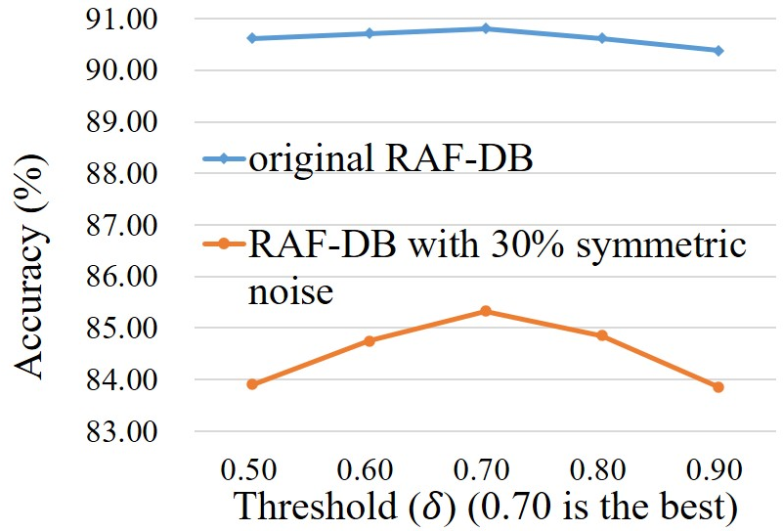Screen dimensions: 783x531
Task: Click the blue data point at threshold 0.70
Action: coord(486,28)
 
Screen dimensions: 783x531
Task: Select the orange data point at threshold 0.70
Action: coord(486,311)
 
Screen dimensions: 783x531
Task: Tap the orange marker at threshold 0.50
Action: coord(252,384)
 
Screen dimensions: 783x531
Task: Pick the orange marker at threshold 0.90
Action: coord(718,387)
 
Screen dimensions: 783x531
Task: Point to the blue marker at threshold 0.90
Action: coord(718,51)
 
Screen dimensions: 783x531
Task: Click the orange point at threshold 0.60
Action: coord(370,341)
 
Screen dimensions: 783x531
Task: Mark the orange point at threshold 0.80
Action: coord(602,335)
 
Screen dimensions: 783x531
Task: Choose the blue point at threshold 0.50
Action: coord(252,38)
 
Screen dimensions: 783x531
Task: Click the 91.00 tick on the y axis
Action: coord(121,20)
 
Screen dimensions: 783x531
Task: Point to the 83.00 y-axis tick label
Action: coord(121,431)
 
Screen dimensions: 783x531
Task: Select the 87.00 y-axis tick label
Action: coord(121,226)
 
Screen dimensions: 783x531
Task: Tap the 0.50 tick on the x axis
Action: coord(248,469)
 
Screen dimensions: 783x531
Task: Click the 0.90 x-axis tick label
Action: coord(715,469)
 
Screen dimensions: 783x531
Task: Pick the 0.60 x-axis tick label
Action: coord(365,469)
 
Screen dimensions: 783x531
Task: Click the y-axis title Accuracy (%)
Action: coord(31,266)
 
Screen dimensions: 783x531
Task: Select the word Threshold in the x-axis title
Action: coord(316,506)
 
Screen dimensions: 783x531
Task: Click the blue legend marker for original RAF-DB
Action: coord(224,158)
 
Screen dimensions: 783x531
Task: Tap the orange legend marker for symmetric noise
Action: coord(224,243)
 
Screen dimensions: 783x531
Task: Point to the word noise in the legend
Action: coord(290,292)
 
